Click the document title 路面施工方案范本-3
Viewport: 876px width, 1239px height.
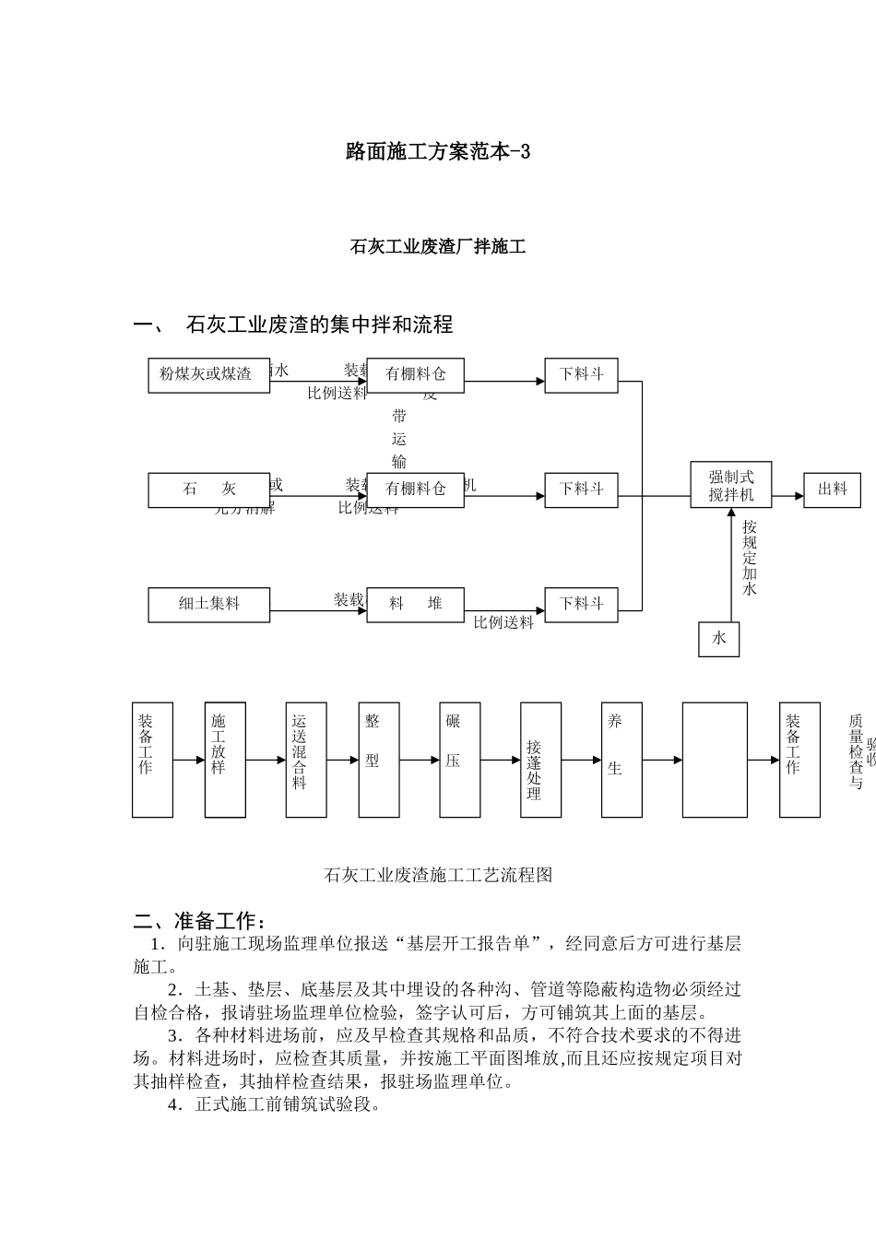tap(438, 152)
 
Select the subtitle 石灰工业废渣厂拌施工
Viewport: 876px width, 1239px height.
tap(438, 247)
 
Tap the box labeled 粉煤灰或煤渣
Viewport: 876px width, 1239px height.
tap(208, 374)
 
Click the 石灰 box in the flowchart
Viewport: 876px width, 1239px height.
tap(208, 490)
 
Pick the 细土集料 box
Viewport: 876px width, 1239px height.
tap(208, 604)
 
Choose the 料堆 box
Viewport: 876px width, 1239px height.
tap(415, 604)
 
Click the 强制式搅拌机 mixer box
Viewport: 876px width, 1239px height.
tap(731, 485)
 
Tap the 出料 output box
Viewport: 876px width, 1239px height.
tap(832, 490)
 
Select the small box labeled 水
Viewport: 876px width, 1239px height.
tap(718, 638)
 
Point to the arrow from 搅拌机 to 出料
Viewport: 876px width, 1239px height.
tap(787, 496)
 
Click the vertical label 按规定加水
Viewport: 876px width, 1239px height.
tap(749, 557)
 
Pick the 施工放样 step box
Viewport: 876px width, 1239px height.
tap(225, 760)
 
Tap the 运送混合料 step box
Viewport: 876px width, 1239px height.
tap(305, 760)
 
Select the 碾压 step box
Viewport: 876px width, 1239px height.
tap(459, 760)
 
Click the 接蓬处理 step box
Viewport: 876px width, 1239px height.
tap(540, 760)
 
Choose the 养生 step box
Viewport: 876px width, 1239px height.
tap(621, 760)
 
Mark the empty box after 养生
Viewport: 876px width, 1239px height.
tap(715, 760)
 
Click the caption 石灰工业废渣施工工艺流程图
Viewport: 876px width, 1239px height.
tap(438, 875)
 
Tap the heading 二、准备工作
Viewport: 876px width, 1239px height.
tap(202, 921)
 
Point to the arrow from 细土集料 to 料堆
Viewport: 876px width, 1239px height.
tap(318, 610)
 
